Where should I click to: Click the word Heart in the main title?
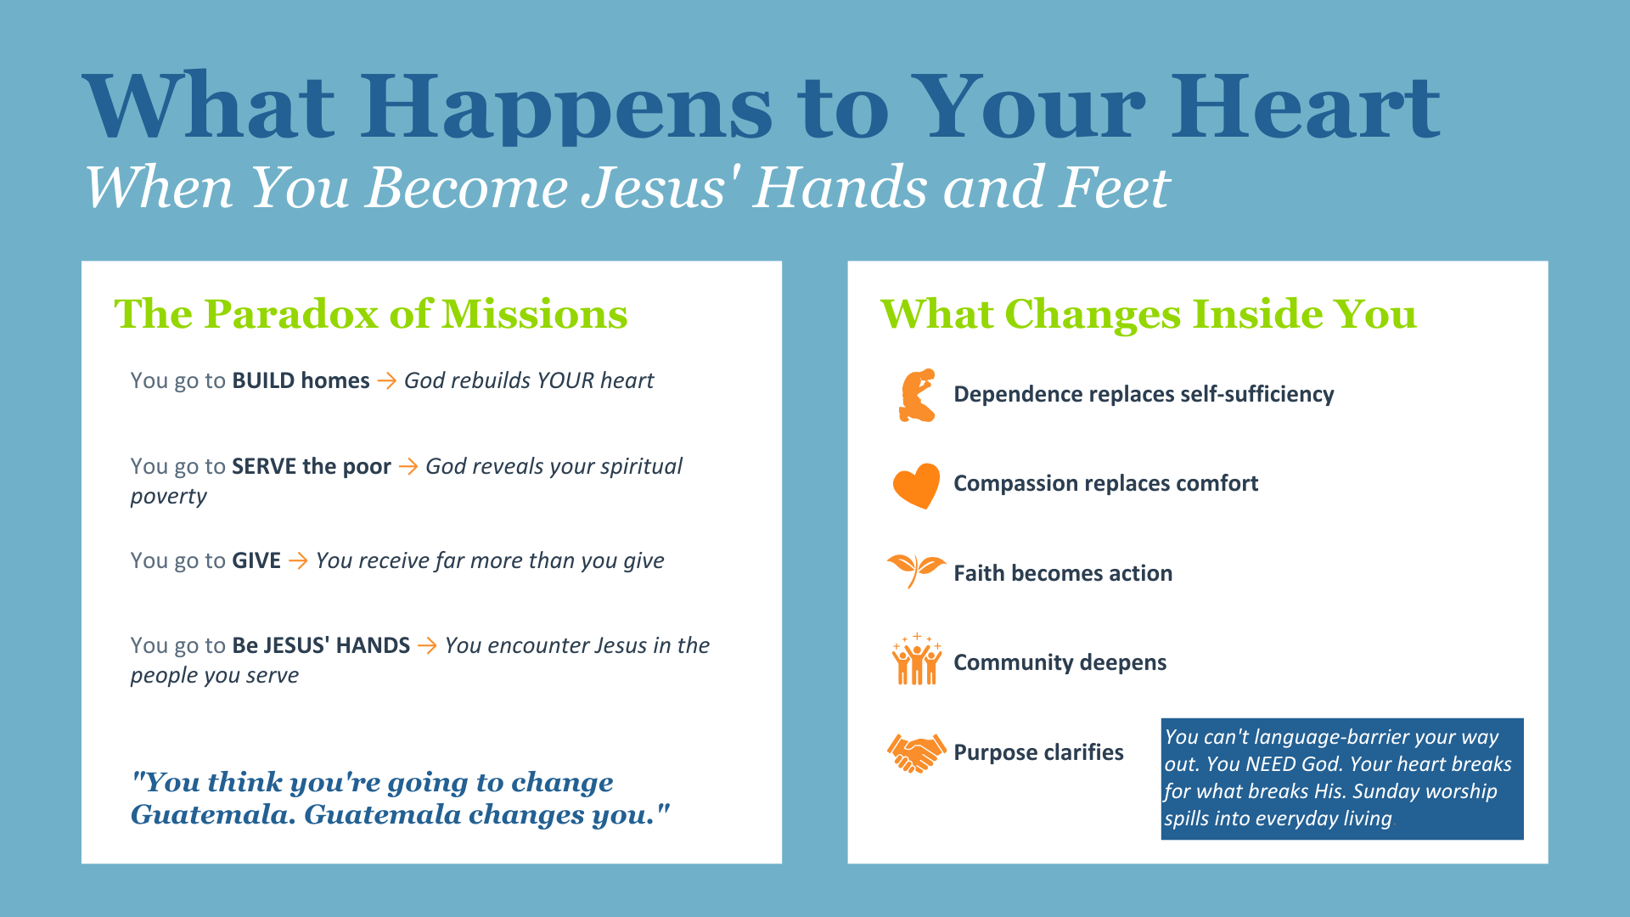pos(1306,107)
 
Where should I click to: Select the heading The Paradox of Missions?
pos(371,314)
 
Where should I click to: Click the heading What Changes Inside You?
pos(1149,314)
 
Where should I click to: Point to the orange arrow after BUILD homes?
pos(387,381)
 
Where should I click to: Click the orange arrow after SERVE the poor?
pos(408,467)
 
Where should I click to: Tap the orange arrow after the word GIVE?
pos(298,561)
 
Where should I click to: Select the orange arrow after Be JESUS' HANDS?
pos(428,646)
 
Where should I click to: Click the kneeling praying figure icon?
pos(917,395)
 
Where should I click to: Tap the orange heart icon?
pos(917,486)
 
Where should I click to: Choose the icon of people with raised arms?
pos(917,660)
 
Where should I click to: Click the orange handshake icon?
pos(917,753)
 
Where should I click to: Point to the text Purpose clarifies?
pos(1038,753)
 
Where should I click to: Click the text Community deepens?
pos(1060,663)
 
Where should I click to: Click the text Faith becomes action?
pos(1063,574)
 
